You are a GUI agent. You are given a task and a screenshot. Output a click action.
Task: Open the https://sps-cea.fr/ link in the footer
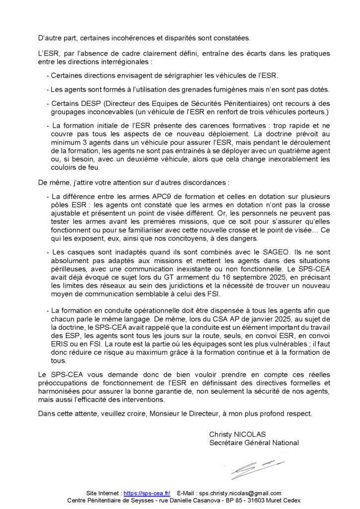(x=147, y=493)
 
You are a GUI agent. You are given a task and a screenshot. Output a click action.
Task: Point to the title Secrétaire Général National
(x=254, y=442)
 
